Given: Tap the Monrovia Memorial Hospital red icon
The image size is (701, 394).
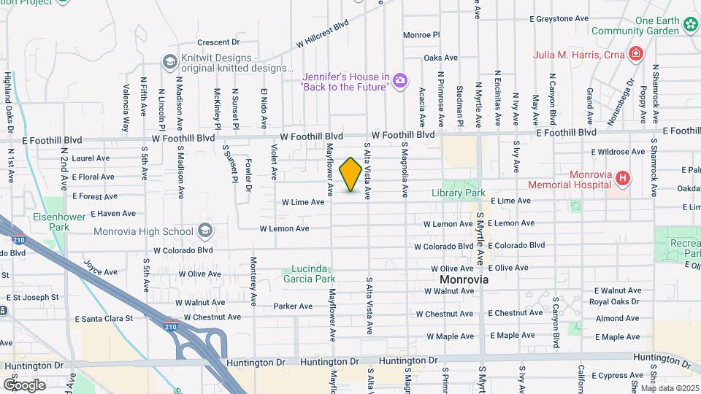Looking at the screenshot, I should tap(622, 178).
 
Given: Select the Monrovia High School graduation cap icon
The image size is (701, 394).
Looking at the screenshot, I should tap(205, 231).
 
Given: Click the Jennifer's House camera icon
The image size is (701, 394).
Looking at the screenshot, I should tap(399, 80).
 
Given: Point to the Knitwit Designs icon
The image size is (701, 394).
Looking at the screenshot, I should tap(169, 61).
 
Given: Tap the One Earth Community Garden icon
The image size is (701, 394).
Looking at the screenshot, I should tap(691, 26).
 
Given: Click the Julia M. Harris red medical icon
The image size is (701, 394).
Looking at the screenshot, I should tap(635, 54).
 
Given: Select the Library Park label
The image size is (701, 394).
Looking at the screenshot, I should tap(459, 193).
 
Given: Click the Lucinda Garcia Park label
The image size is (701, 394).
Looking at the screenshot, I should tap(309, 274).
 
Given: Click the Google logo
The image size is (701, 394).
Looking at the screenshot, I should tap(24, 385).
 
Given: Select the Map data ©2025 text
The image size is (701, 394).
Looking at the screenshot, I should tap(670, 388).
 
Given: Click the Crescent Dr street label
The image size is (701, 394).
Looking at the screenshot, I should tap(218, 42).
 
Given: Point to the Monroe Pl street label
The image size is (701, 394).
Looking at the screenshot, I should tap(421, 34).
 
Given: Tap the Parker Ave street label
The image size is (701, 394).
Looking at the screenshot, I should tap(293, 306).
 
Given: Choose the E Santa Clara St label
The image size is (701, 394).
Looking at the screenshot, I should tap(104, 319).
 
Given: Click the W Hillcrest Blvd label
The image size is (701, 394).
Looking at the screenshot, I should tap(323, 34).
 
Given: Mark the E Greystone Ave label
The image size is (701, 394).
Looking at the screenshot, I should tap(559, 18).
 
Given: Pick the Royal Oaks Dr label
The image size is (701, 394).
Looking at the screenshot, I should tap(614, 301).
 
